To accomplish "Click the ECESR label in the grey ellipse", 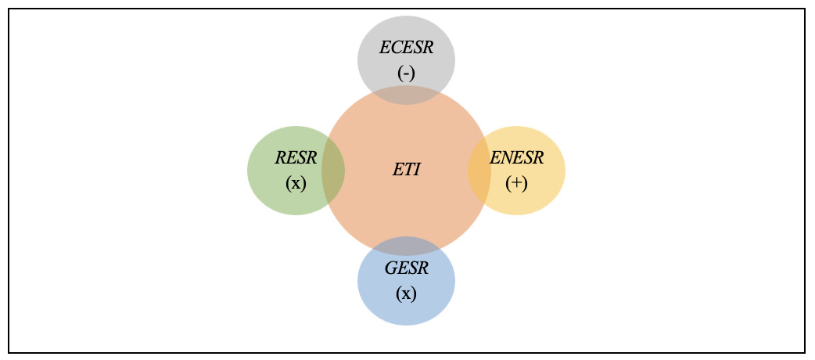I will click(406, 48).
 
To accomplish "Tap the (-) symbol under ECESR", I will click(406, 73).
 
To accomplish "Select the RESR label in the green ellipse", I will click(296, 158).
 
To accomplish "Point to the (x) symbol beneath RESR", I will click(296, 183).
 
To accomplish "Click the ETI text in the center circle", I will click(407, 169).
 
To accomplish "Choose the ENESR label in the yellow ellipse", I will click(516, 158).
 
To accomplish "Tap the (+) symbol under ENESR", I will click(516, 183).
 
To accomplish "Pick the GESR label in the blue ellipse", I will click(406, 268).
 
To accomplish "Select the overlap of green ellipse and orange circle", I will click(334, 170).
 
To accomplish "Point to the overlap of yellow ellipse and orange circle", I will click(479, 170).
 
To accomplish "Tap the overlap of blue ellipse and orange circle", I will click(406, 245).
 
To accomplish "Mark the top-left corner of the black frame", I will click(9, 9).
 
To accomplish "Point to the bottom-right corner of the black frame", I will click(804, 352).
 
